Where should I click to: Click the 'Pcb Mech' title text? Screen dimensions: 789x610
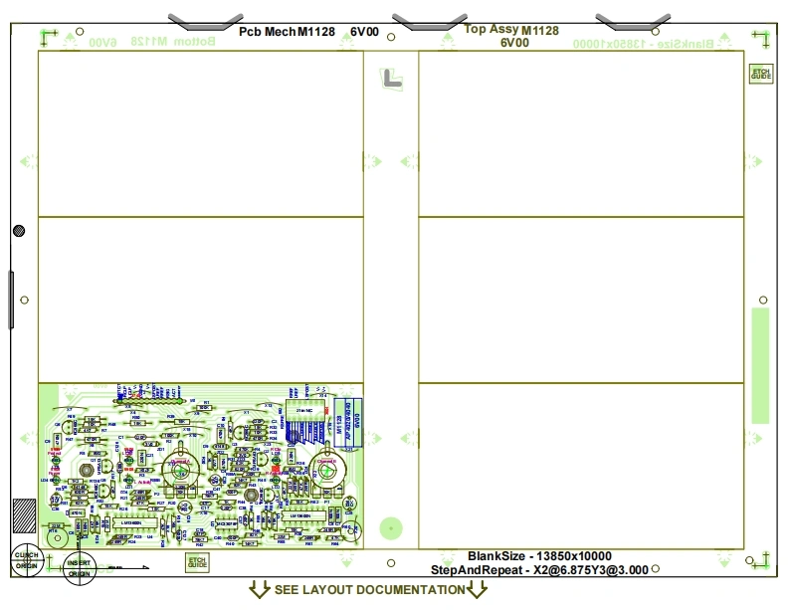267,32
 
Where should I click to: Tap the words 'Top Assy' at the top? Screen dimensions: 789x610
492,30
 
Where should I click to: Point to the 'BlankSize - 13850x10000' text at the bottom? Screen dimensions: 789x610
539,556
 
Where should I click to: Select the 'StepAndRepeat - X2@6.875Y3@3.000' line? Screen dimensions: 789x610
539,570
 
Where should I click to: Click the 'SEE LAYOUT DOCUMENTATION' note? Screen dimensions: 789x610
369,590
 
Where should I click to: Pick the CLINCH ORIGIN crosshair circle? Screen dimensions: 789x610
27,560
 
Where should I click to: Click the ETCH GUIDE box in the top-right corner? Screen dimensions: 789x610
760,73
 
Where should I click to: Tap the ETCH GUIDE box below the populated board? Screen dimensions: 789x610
198,562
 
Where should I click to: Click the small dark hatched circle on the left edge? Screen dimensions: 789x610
19,231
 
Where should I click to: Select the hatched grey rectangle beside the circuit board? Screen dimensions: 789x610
23,519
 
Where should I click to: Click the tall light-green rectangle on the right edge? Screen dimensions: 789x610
760,365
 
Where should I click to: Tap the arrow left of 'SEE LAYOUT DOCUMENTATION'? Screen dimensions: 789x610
259,590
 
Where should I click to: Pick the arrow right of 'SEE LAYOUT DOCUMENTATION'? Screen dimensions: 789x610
478,590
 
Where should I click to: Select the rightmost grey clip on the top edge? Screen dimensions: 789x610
632,20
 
